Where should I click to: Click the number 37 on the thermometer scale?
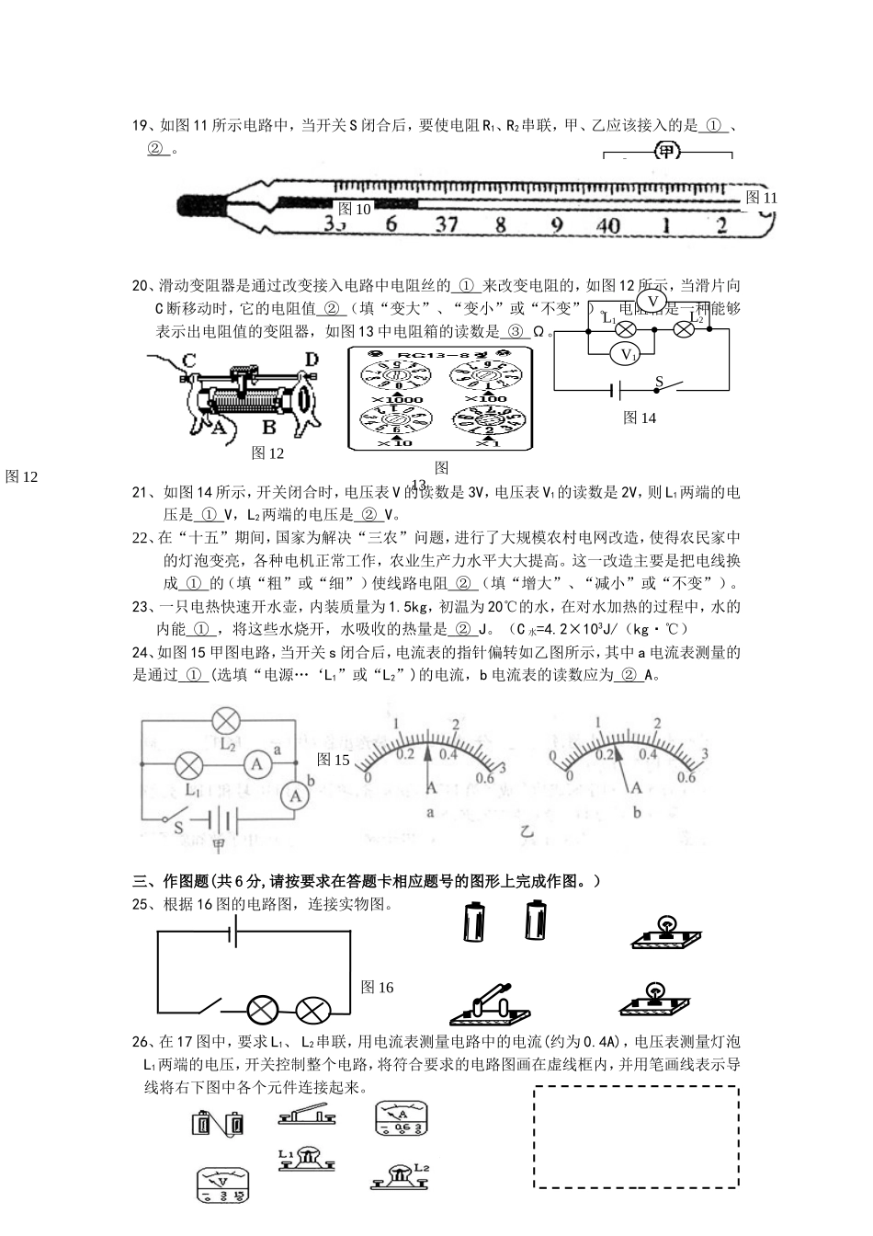pyautogui.click(x=447, y=223)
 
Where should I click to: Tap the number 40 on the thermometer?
pyautogui.click(x=607, y=224)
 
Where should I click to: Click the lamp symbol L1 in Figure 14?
pyautogui.click(x=626, y=329)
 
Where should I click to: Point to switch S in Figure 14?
pyautogui.click(x=665, y=385)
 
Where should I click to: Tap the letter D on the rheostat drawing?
pyautogui.click(x=311, y=359)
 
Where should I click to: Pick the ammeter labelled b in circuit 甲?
pyautogui.click(x=295, y=796)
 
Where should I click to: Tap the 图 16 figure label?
pyautogui.click(x=377, y=987)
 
